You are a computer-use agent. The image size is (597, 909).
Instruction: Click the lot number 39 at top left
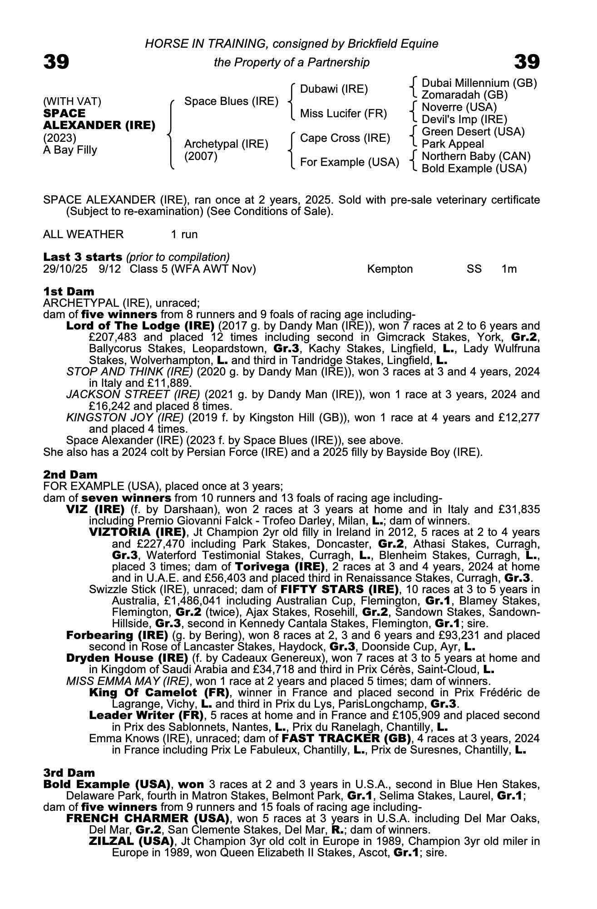point(56,62)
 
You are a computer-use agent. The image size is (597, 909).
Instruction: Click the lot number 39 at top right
point(527,62)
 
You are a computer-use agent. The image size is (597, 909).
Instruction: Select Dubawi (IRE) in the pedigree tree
point(334,89)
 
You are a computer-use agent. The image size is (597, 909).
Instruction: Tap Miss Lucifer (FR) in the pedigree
point(343,113)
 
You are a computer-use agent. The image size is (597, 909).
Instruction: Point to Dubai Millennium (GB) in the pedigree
point(479,83)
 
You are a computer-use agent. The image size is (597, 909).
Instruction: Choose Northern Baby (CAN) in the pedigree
point(476,156)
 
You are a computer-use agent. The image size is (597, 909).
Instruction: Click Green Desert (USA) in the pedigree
point(473,132)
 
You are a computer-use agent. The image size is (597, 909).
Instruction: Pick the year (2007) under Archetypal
point(201,156)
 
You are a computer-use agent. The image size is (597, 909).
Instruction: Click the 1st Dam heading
point(69,291)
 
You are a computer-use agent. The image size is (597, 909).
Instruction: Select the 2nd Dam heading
point(70,475)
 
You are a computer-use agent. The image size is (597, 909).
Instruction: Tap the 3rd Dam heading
point(69,773)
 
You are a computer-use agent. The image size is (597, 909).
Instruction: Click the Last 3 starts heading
point(83,257)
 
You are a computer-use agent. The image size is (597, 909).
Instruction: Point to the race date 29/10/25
point(65,269)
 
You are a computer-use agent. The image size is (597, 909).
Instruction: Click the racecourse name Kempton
point(390,269)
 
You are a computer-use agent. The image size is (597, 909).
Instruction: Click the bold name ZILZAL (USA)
point(131,841)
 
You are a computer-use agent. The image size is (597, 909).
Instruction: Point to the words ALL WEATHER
point(83,235)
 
